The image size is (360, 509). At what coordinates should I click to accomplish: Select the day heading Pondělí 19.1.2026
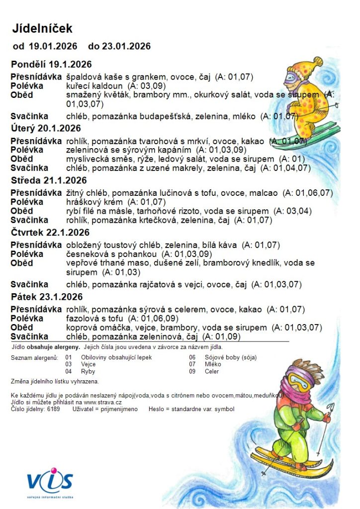tap(51, 64)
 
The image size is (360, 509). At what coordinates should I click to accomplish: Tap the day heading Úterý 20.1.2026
tap(46, 128)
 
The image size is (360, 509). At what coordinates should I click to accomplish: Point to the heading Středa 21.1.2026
tap(49, 180)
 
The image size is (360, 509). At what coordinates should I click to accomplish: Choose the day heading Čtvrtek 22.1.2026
tap(50, 232)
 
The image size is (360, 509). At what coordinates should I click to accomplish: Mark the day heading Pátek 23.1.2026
tap(47, 297)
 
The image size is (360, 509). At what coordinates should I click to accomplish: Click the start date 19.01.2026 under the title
tap(53, 47)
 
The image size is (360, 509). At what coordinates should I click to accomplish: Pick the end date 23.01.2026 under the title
tap(126, 47)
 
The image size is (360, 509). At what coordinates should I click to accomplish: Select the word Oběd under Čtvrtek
tap(22, 262)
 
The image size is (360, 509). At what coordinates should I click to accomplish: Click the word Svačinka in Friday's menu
tap(29, 337)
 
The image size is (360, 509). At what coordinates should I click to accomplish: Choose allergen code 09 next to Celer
tap(192, 371)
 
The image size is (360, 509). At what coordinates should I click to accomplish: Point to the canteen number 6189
tap(53, 409)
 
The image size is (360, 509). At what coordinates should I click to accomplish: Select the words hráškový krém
tap(91, 202)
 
